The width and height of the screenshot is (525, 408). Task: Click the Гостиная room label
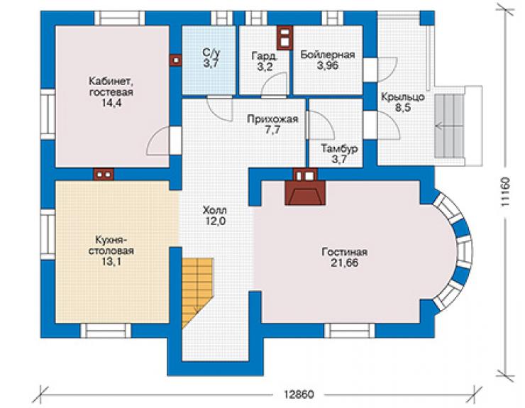pyautogui.click(x=345, y=252)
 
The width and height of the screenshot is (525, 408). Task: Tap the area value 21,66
pyautogui.click(x=345, y=263)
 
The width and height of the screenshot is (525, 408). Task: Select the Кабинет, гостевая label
pyautogui.click(x=111, y=87)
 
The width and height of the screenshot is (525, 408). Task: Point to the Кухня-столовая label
pyautogui.click(x=111, y=246)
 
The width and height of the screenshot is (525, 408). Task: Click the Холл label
pyautogui.click(x=215, y=210)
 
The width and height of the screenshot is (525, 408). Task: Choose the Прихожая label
pyautogui.click(x=272, y=119)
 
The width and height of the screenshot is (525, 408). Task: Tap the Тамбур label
pyautogui.click(x=340, y=148)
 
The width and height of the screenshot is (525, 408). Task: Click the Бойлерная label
pyautogui.click(x=328, y=54)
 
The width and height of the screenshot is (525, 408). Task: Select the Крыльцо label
pyautogui.click(x=403, y=97)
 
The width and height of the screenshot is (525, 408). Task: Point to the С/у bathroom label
pyautogui.click(x=211, y=53)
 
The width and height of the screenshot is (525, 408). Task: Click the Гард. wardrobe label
pyautogui.click(x=265, y=55)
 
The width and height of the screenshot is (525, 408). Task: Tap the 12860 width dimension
pyautogui.click(x=299, y=395)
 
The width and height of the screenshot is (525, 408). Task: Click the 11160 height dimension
pyautogui.click(x=506, y=192)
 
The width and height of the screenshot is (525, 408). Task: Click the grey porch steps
pyautogui.click(x=449, y=126)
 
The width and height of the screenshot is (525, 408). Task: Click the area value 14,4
pyautogui.click(x=112, y=103)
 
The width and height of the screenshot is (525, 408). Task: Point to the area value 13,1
pyautogui.click(x=112, y=262)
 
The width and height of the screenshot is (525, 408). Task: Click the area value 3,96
pyautogui.click(x=328, y=65)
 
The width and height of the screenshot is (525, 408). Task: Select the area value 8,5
pyautogui.click(x=403, y=108)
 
